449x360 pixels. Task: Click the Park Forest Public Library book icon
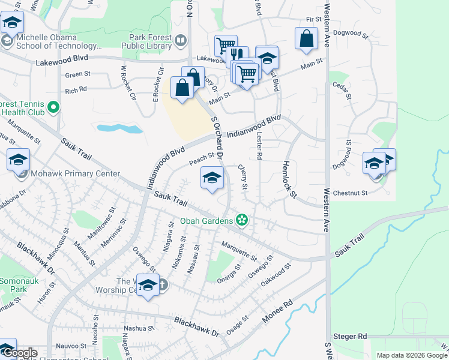181,41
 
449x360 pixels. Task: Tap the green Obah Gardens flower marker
242,221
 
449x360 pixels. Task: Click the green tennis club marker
53,108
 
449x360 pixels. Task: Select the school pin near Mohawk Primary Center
18,160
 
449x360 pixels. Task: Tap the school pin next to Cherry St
211,178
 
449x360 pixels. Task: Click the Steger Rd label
354,337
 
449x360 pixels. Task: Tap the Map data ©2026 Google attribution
412,355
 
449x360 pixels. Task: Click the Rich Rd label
76,90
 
